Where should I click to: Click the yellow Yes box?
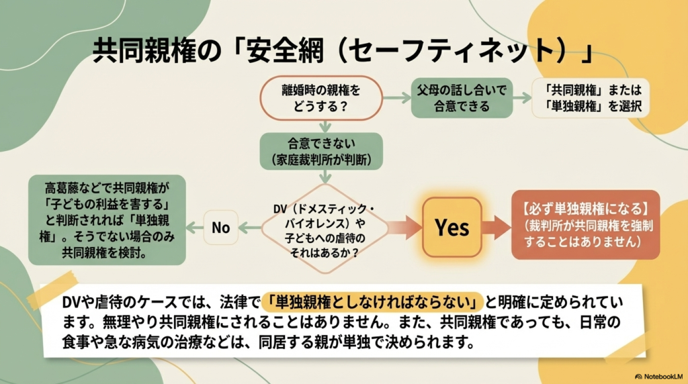tap(451, 227)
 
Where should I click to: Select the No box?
tap(221, 227)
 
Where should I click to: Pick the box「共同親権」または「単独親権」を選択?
tap(590, 97)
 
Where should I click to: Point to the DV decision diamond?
tap(325, 227)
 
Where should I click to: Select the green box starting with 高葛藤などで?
tap(107, 220)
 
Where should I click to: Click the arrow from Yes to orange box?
tap(497, 227)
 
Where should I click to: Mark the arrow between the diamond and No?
tap(251, 227)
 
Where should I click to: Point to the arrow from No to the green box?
tap(195, 227)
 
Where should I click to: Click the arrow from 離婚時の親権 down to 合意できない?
tap(325, 126)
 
